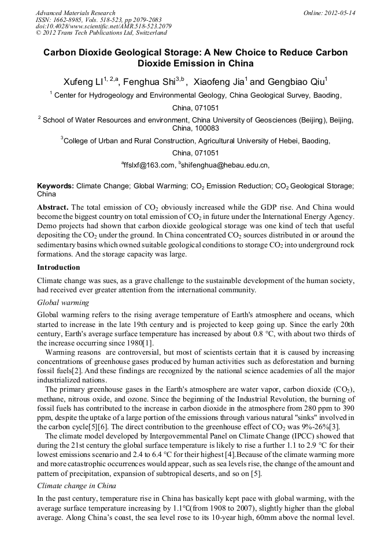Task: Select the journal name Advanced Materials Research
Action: click(75, 13)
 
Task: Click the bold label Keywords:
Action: click(56, 186)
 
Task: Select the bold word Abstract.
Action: click(53, 207)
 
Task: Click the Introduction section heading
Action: click(58, 267)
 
